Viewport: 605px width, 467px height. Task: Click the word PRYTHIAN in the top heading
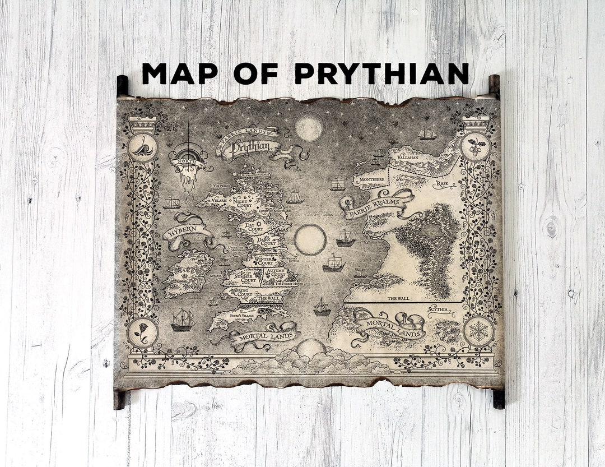[381, 73]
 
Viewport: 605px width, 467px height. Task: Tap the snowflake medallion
[478, 331]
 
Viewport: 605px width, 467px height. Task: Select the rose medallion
[142, 332]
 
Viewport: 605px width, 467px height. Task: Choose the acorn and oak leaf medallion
[475, 146]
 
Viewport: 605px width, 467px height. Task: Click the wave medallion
[142, 147]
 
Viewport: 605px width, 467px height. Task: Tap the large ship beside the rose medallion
[183, 320]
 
